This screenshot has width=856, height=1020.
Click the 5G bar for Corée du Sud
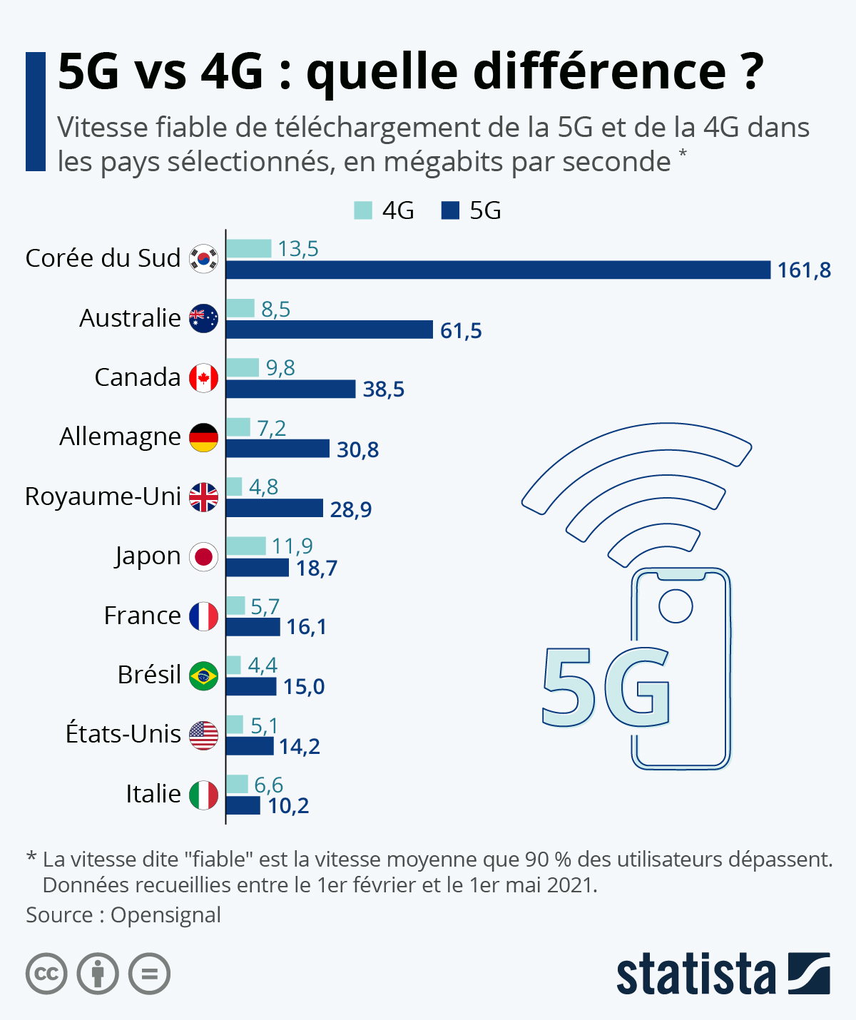pos(498,270)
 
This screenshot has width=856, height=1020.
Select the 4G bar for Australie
pos(240,308)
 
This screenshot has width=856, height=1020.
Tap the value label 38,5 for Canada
pos(383,389)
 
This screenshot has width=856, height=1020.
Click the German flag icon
pos(203,437)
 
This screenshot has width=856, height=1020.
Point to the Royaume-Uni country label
pos(103,496)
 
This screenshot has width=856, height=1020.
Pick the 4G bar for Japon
pos(246,546)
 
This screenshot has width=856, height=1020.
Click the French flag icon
pos(203,616)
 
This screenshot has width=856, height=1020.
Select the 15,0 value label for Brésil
pos(303,687)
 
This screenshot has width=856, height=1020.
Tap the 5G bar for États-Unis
pos(250,746)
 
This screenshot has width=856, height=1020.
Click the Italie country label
pos(153,794)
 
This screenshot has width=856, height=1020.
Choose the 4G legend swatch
pos(363,210)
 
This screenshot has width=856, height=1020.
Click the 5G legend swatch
pos(450,210)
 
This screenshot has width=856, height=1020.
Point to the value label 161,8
pos(804,270)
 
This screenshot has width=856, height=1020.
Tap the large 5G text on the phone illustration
pos(605,686)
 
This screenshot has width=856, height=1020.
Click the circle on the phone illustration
pos(676,606)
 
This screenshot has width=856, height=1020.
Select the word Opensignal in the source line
pos(165,915)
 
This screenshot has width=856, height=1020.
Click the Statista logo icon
pos(809,973)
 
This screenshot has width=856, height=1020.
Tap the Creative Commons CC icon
pos(46,974)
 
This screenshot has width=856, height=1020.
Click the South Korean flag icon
pos(203,258)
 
